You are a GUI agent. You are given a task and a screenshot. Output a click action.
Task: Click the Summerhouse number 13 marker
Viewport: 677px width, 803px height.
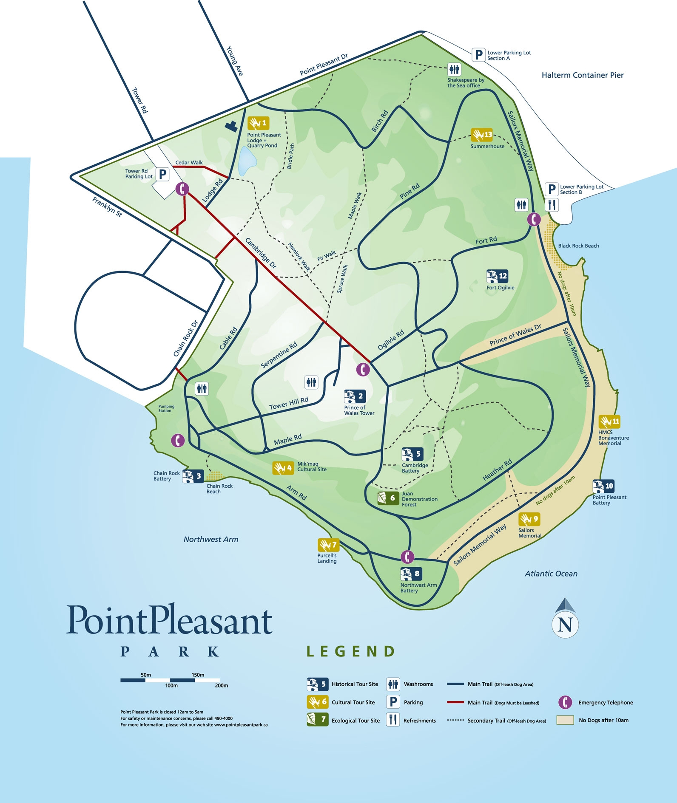[x=481, y=135]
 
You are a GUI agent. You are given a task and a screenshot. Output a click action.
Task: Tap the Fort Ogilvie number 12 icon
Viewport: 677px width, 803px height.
[x=497, y=276]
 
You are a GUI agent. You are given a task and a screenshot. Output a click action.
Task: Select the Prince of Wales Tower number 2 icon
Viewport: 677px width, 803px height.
[x=355, y=396]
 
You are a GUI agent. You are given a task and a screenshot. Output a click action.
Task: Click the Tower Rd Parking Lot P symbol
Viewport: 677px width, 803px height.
[x=162, y=174]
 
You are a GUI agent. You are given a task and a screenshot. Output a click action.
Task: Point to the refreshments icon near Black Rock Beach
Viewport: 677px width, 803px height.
[x=552, y=205]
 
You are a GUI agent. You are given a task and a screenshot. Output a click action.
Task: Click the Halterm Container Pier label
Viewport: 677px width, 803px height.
[x=582, y=75]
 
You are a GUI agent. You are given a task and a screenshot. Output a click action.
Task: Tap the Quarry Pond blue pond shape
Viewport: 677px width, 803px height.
[x=247, y=161]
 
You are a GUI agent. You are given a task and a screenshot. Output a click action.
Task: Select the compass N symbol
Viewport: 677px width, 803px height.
[x=565, y=624]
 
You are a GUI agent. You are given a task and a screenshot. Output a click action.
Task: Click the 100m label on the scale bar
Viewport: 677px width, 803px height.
[x=171, y=685]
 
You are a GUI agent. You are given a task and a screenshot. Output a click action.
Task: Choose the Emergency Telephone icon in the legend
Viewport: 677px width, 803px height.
[x=565, y=702]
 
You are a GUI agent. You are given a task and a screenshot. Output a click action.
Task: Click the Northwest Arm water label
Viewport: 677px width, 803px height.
[x=210, y=539]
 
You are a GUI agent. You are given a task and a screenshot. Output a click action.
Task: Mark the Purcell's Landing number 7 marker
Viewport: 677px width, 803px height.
[x=328, y=545]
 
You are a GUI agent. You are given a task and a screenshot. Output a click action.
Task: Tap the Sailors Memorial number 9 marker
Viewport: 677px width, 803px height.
[x=529, y=519]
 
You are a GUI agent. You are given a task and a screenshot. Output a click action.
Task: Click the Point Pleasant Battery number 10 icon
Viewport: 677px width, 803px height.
[x=603, y=486]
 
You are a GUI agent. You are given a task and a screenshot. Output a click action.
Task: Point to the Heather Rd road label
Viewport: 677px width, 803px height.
[x=497, y=470]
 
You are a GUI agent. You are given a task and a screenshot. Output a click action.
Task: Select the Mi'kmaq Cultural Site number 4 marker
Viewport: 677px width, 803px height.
[x=283, y=468]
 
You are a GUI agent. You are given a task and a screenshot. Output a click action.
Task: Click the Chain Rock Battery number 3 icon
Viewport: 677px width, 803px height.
[x=193, y=476]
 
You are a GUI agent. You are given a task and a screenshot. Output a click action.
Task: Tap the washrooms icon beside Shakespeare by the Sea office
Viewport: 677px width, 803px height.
[x=454, y=69]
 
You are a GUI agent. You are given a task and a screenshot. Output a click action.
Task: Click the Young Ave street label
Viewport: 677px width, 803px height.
[x=235, y=61]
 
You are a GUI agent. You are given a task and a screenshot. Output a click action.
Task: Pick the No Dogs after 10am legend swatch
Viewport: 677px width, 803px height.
[x=565, y=720]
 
